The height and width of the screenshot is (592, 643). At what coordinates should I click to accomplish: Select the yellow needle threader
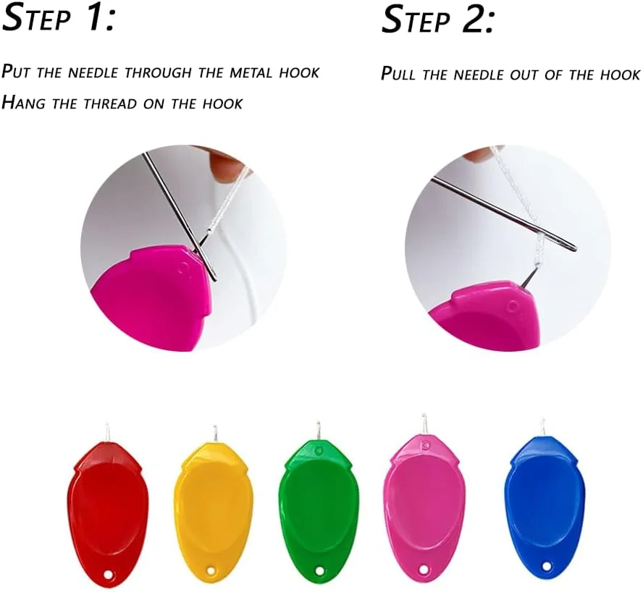click(213, 508)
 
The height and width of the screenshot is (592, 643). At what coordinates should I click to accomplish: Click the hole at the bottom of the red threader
click(108, 575)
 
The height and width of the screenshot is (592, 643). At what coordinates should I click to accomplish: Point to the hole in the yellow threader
click(211, 571)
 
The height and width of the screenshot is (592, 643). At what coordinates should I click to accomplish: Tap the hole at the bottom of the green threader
click(319, 570)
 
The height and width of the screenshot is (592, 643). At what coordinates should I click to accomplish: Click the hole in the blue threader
click(547, 566)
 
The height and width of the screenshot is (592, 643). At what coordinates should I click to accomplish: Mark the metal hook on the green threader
click(317, 431)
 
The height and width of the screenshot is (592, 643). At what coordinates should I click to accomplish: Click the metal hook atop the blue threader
click(543, 428)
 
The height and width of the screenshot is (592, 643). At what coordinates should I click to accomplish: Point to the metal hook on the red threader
click(106, 433)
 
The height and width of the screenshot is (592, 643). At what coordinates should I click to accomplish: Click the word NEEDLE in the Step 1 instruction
click(92, 72)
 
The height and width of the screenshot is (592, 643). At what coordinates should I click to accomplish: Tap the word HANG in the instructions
click(23, 103)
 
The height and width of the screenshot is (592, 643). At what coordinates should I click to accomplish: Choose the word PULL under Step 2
click(398, 74)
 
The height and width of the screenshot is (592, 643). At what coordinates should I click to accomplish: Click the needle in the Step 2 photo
click(503, 213)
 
